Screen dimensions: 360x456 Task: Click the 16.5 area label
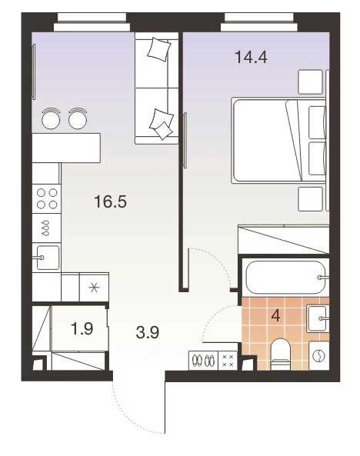tap(110, 201)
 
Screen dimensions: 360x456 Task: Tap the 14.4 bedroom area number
tap(251, 57)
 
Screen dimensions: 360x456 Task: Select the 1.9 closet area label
tap(82, 328)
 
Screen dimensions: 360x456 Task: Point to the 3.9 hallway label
tap(147, 332)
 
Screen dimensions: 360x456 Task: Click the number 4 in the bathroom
tap(275, 315)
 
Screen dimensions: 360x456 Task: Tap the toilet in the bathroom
tap(281, 354)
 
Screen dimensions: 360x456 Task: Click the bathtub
tap(285, 277)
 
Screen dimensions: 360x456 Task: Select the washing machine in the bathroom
tap(319, 356)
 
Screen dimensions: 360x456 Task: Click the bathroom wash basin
tap(317, 318)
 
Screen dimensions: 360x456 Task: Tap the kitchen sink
tap(48, 258)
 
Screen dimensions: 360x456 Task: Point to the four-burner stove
tap(47, 198)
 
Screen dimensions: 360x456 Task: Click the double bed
tap(278, 141)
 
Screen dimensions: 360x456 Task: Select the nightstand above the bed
tap(311, 82)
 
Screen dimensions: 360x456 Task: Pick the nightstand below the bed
tap(311, 199)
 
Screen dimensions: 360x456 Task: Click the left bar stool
tap(51, 118)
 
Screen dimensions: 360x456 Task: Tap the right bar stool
tap(78, 118)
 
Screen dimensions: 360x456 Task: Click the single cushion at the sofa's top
tap(159, 49)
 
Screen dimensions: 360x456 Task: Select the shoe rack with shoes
tap(203, 361)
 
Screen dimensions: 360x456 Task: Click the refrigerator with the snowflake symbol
tap(95, 288)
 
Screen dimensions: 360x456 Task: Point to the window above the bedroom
tap(259, 22)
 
